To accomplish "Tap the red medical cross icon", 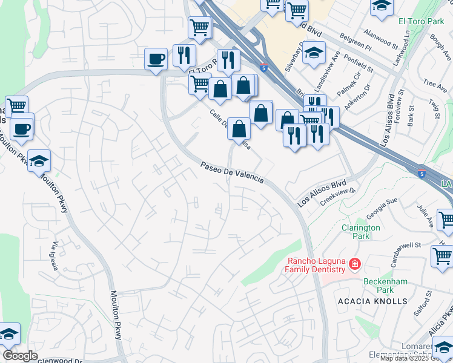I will point(354,264).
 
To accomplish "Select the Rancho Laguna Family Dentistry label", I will point(316,265).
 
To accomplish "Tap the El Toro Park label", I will point(421,21).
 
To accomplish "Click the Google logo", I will point(20,356).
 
